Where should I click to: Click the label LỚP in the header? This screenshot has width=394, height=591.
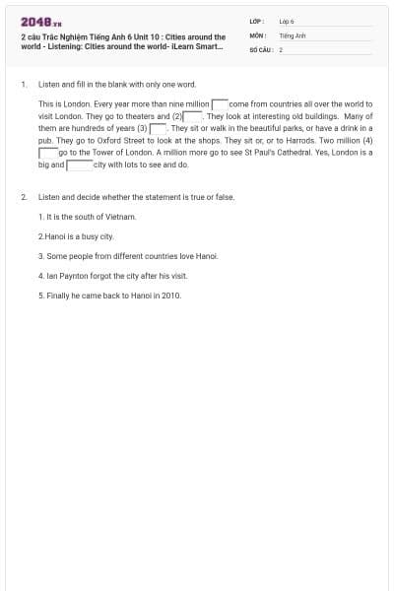pos(255,21)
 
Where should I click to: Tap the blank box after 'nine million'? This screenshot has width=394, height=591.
pos(220,103)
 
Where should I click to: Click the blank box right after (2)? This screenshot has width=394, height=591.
pos(194,116)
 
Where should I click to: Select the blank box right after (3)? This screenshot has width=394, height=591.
pos(158,128)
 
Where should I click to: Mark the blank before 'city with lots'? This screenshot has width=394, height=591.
pos(79,164)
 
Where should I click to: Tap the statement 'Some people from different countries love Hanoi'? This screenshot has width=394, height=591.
pos(128,256)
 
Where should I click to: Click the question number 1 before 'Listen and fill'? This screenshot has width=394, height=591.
pos(23,85)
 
